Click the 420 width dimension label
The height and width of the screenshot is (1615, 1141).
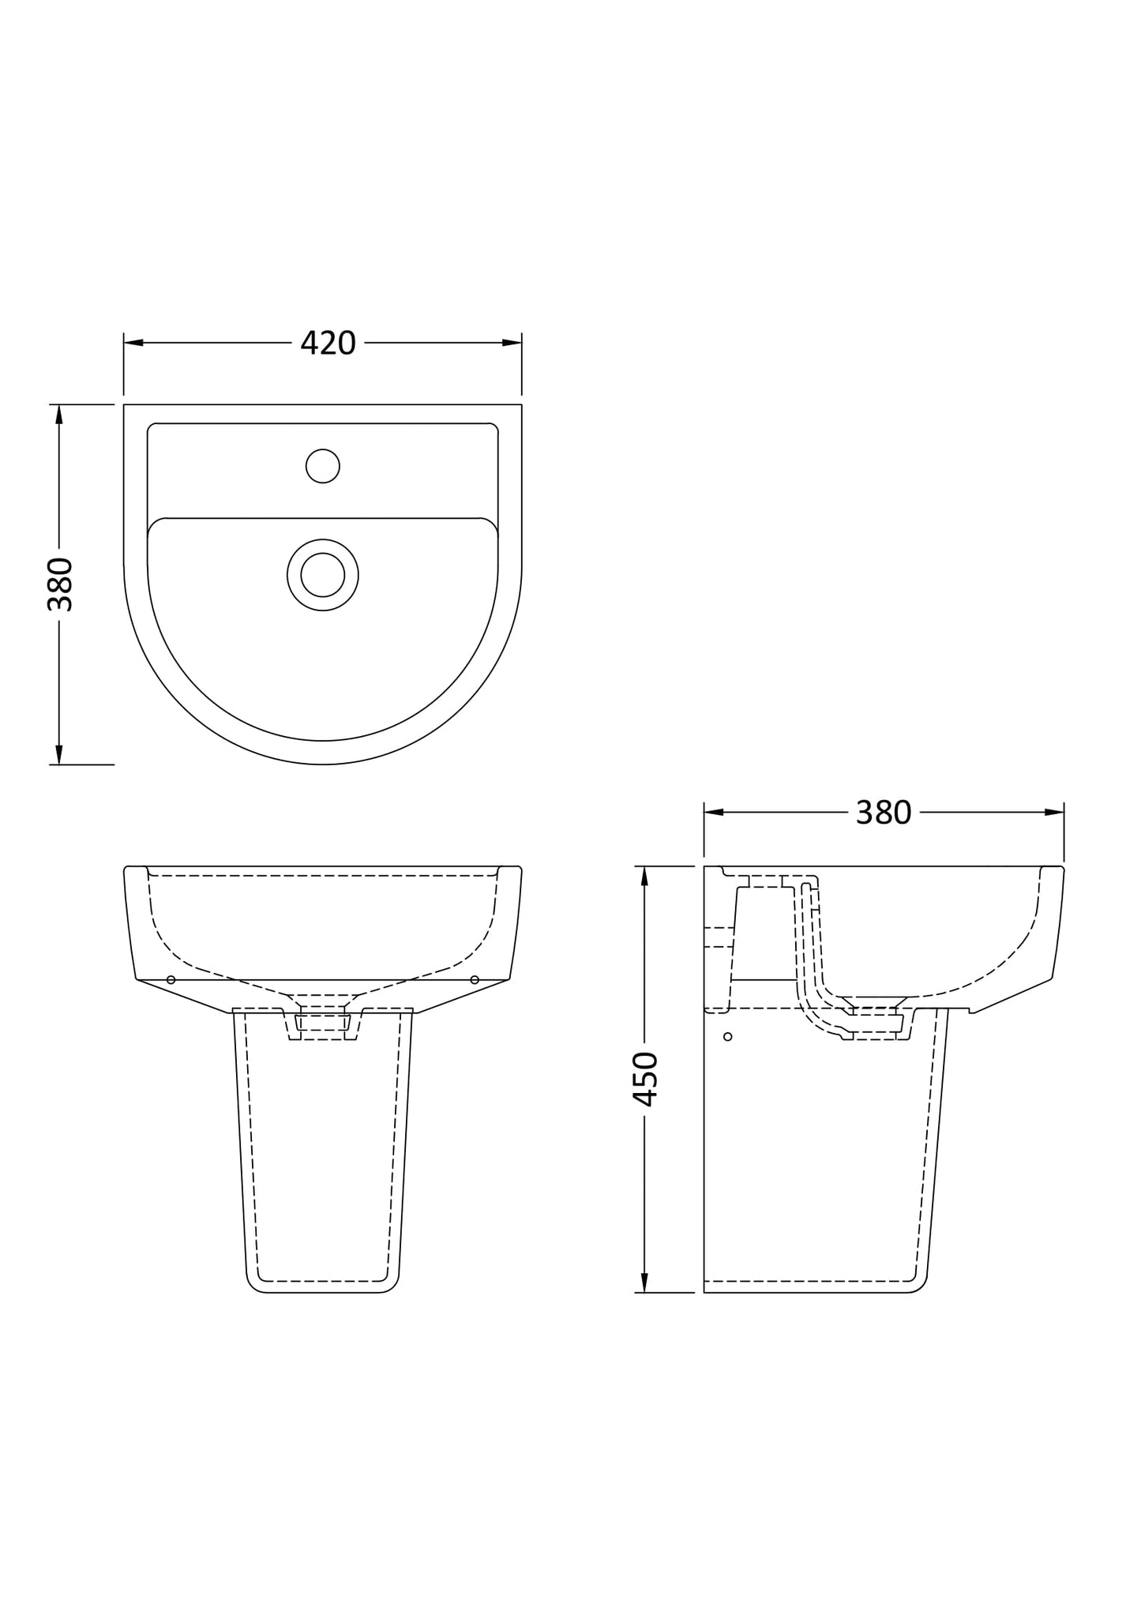(x=328, y=343)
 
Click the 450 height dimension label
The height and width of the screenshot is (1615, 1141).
(x=645, y=1079)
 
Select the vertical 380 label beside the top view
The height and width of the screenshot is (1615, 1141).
(x=60, y=584)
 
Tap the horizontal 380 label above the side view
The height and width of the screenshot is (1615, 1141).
(x=883, y=812)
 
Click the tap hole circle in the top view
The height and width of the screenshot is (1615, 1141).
(x=322, y=466)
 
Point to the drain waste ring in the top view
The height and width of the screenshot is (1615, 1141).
(x=322, y=574)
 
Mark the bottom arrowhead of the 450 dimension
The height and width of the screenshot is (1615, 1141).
(x=644, y=1283)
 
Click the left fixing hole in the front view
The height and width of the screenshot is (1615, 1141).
(x=171, y=980)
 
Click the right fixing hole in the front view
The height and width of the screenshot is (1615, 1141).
(x=475, y=980)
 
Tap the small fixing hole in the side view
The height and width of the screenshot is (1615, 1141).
(x=727, y=1036)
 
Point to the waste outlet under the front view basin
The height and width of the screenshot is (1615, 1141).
(x=322, y=1023)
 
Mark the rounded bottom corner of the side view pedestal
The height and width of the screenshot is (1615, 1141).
(x=918, y=1285)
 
